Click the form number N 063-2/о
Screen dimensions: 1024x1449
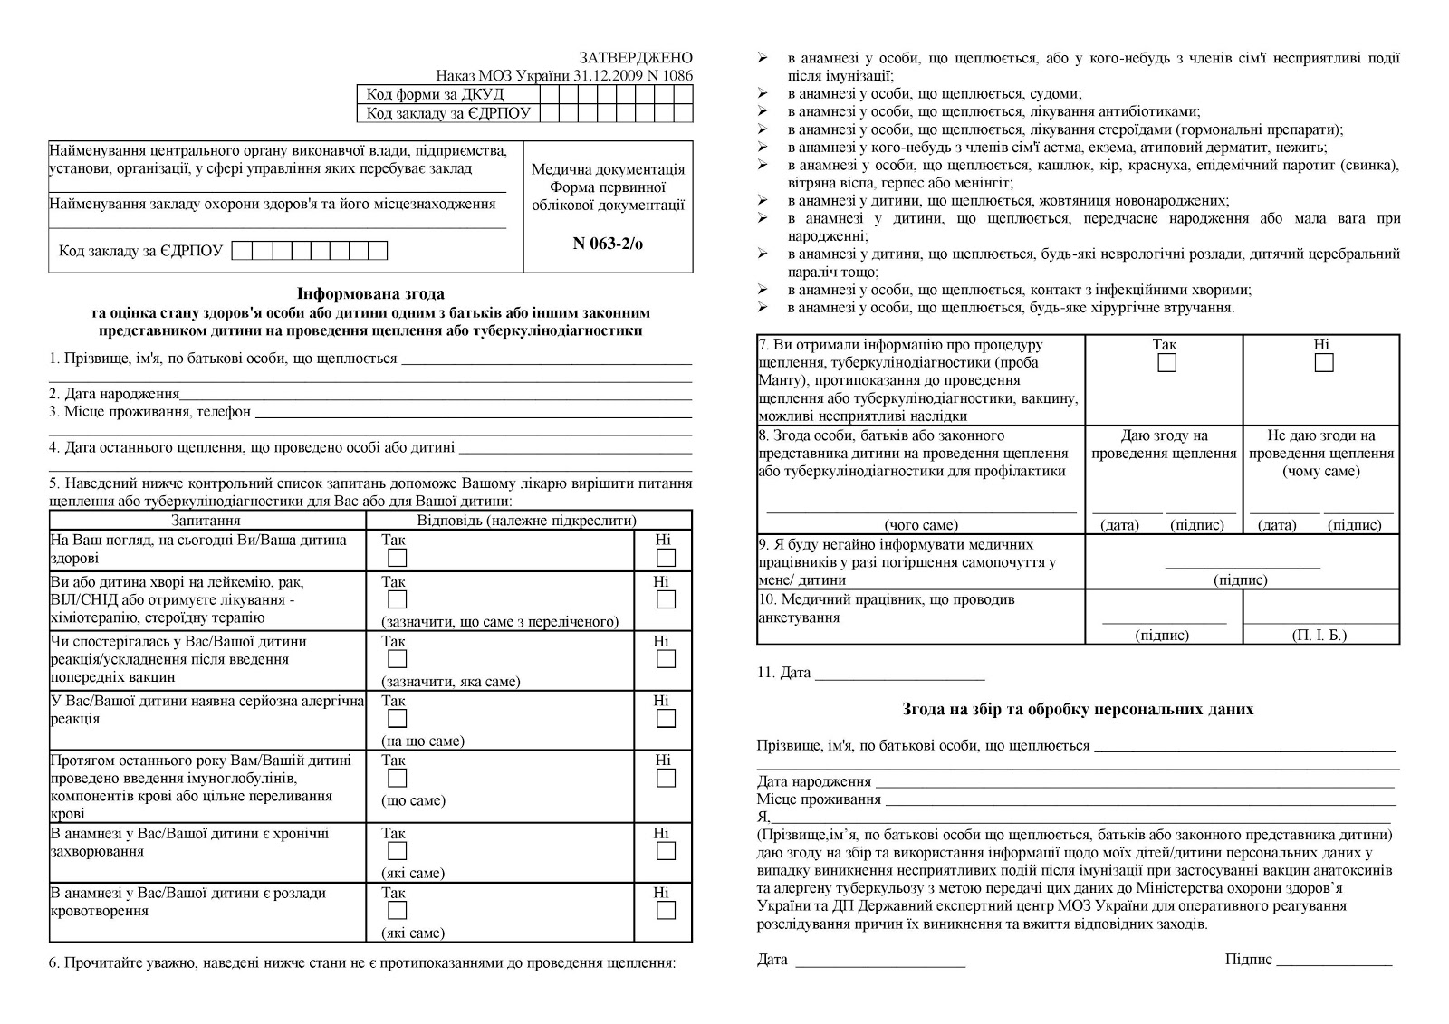608,244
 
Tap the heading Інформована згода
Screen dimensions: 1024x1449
371,293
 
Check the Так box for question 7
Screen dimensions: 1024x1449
1167,363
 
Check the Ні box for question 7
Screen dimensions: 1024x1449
1324,363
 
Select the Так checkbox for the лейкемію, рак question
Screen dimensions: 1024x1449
397,599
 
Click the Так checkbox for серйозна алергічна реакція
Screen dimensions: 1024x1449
397,719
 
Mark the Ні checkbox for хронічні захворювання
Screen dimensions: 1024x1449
666,851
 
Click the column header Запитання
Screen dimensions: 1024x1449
206,521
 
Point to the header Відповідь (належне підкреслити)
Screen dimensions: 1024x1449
527,521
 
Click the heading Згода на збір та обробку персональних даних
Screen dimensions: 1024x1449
1078,709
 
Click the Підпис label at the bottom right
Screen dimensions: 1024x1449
1249,960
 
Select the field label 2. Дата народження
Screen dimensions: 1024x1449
114,394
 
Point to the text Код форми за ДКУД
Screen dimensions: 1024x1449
436,94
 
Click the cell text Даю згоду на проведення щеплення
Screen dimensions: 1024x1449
1164,444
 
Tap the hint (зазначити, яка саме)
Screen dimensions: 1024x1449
451,682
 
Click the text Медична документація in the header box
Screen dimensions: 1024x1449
608,169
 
